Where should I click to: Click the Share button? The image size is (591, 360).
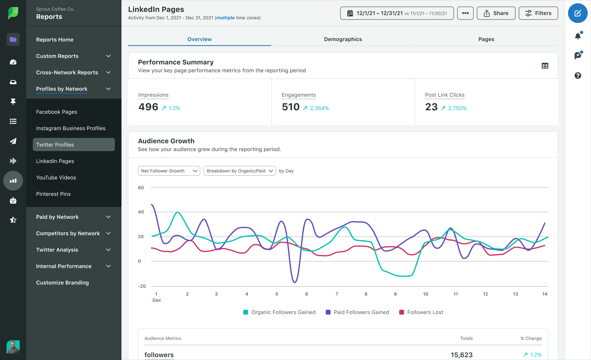(496, 13)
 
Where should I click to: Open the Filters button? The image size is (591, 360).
(538, 13)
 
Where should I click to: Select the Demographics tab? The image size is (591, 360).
(343, 39)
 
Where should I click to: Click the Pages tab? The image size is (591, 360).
(486, 39)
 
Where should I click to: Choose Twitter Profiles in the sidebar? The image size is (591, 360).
(74, 145)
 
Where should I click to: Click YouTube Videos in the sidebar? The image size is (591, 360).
(56, 178)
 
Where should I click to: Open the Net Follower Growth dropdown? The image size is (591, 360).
(169, 171)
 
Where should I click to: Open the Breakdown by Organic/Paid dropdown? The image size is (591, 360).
(239, 171)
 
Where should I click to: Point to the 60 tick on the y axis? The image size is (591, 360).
(141, 188)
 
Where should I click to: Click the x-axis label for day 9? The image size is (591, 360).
(395, 294)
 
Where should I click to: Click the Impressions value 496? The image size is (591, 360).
(148, 107)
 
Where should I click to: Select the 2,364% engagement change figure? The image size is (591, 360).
(319, 108)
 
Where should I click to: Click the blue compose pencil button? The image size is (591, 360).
(577, 13)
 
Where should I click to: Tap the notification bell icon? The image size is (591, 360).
(578, 36)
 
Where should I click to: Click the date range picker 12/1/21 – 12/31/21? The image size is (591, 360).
(397, 13)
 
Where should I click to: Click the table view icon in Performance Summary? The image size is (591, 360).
(545, 66)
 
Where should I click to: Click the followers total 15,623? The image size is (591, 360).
(461, 355)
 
